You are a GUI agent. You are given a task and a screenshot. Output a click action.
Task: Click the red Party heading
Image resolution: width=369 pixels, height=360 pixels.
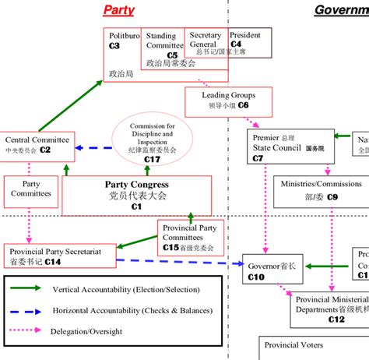(x=118, y=11)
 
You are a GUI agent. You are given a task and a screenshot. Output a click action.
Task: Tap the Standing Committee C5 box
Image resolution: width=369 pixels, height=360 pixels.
(x=163, y=45)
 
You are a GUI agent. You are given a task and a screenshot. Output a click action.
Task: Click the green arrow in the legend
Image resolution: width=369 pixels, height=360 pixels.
(x=30, y=288)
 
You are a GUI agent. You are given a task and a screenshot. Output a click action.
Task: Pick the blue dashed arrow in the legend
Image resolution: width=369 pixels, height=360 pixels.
(x=30, y=309)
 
